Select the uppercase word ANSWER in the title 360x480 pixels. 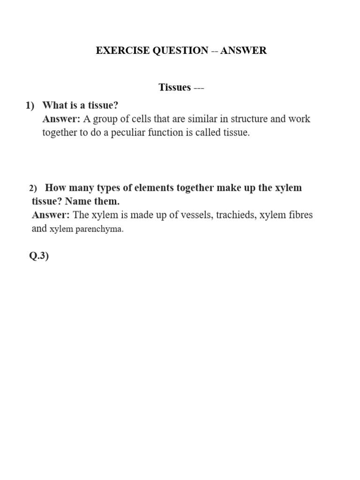[x=243, y=51]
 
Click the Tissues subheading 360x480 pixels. [x=175, y=87]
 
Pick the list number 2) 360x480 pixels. [x=33, y=188]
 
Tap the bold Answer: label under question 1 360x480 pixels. [x=61, y=119]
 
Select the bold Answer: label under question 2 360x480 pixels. [x=51, y=215]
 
